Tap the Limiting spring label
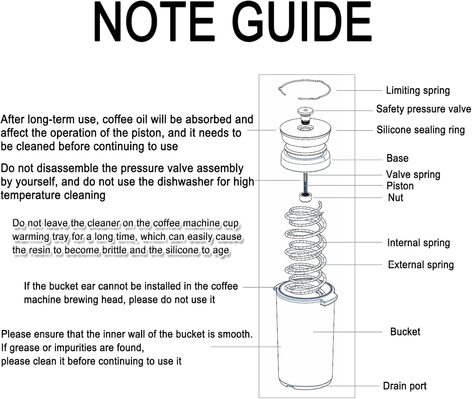click(x=418, y=91)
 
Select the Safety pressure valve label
click(x=424, y=109)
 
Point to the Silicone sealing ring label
click(x=420, y=130)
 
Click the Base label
click(x=397, y=158)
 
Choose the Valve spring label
click(x=413, y=175)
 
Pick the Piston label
click(x=400, y=186)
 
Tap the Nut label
click(x=395, y=198)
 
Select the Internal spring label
click(x=418, y=243)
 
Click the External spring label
click(x=421, y=265)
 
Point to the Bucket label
click(x=405, y=332)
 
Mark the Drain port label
click(x=404, y=386)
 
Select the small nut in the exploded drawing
click(x=305, y=197)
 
